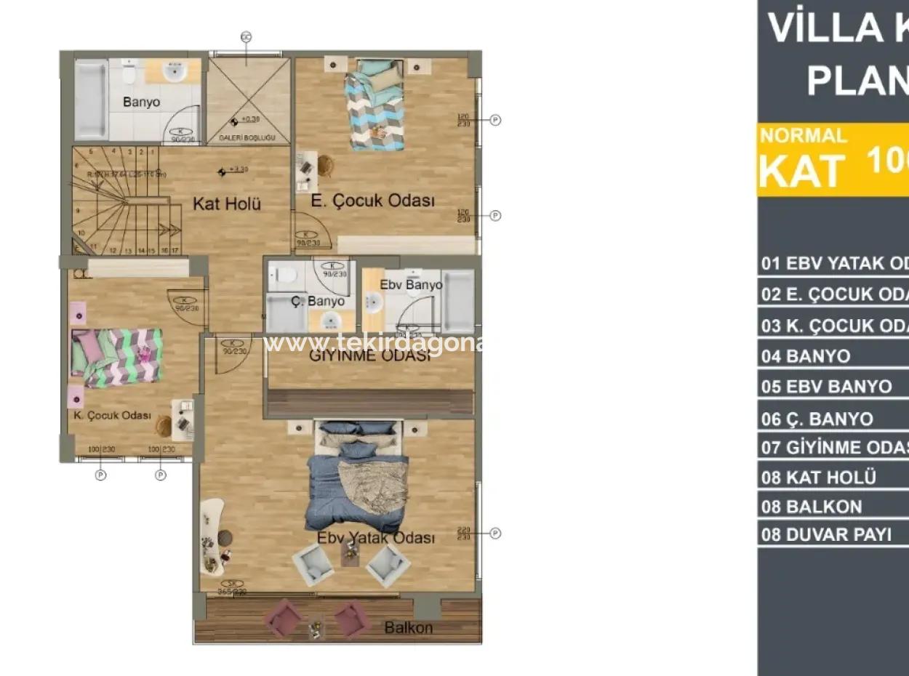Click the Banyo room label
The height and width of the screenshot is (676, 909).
pyautogui.click(x=141, y=102)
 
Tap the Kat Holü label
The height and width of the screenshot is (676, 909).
pyautogui.click(x=226, y=204)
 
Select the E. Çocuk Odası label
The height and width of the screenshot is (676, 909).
pyautogui.click(x=372, y=201)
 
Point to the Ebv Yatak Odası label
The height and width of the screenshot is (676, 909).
pyautogui.click(x=375, y=538)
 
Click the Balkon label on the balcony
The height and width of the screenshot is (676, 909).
pyautogui.click(x=408, y=627)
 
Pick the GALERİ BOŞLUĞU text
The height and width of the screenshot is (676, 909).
pyautogui.click(x=247, y=137)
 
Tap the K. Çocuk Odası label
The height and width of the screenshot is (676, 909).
pyautogui.click(x=112, y=416)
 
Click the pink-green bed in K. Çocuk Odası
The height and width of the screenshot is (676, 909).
pyautogui.click(x=116, y=355)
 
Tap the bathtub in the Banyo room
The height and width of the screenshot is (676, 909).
pyautogui.click(x=90, y=100)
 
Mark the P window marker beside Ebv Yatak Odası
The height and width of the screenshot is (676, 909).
pyautogui.click(x=495, y=534)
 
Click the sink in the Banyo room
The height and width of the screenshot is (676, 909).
pyautogui.click(x=173, y=72)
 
